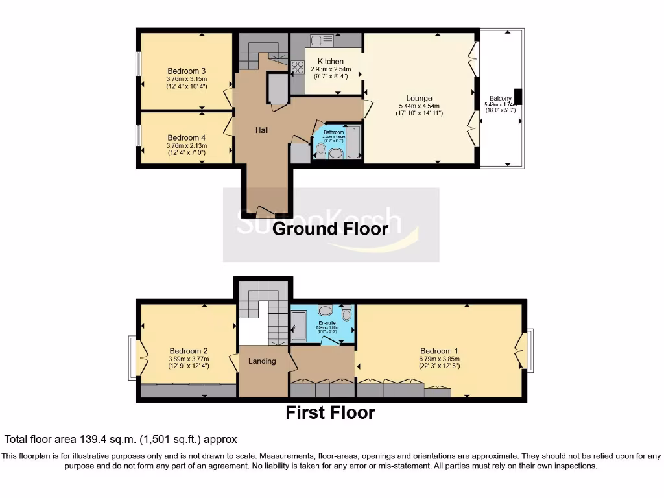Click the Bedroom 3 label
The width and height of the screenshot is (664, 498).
coord(187,71)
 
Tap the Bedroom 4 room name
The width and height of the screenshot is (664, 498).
coord(187,137)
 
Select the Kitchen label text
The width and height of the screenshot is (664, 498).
coord(330,62)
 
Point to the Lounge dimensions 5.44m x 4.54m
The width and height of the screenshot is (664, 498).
coord(419,106)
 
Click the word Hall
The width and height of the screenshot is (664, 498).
coord(262,130)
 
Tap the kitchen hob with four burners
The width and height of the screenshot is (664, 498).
coord(298,67)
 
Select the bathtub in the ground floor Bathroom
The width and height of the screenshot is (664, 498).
coord(354,143)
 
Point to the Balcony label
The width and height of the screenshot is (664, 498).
coord(500,99)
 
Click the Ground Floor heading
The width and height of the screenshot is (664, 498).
coord(330,228)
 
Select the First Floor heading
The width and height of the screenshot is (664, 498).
coord(330,412)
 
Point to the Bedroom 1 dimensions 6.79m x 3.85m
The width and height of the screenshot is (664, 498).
coord(439,359)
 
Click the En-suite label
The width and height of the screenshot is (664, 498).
coord(326,322)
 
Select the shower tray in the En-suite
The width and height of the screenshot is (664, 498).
coord(299,326)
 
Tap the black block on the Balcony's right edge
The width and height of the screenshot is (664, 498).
coord(517,97)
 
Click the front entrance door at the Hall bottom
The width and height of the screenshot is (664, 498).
coord(265,211)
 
